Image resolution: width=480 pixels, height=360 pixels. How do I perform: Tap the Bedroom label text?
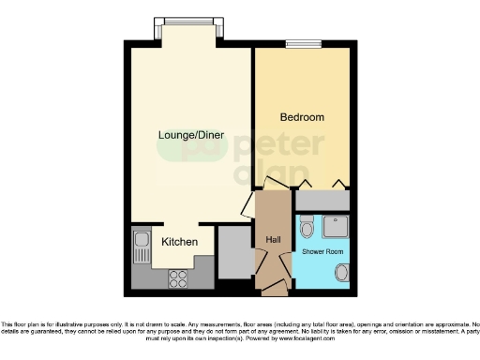point(302,117)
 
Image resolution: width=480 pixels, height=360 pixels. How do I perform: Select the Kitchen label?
point(179,242)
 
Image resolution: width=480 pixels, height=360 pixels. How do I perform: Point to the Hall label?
point(274,240)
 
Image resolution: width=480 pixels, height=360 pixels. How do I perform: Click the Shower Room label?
point(321,252)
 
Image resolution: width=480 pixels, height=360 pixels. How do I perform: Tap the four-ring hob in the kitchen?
point(176,277)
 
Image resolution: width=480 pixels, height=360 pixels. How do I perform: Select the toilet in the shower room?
point(307,228)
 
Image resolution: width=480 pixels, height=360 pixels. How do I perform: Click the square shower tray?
point(335,227)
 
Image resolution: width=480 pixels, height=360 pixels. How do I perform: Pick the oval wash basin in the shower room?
point(341,272)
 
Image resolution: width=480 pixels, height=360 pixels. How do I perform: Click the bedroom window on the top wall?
point(304,42)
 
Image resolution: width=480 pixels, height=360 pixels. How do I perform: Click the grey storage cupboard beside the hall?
point(234,253)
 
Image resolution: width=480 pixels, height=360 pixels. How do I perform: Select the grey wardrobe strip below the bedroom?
point(322,199)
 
